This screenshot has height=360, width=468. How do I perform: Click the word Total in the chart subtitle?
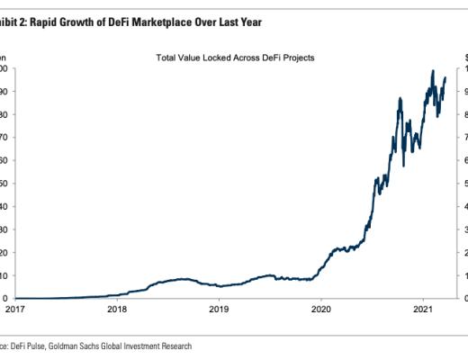point(167,57)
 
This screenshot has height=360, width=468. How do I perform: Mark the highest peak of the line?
point(433,71)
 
